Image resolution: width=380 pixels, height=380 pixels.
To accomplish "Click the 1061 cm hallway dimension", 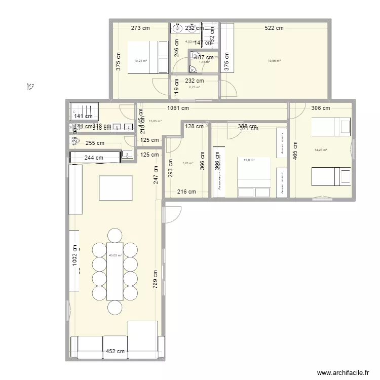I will click(x=178, y=108).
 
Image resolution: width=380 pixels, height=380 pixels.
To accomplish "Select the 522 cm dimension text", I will click(x=274, y=28).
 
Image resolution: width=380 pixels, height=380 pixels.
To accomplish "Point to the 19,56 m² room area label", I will click(x=274, y=61).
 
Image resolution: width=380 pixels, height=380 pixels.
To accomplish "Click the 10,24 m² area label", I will click(x=140, y=61).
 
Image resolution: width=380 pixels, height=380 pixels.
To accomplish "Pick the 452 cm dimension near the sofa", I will click(x=115, y=351).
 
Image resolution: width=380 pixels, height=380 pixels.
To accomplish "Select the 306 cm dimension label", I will click(x=320, y=108).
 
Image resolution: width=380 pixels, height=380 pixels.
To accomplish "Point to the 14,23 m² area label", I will click(x=321, y=150).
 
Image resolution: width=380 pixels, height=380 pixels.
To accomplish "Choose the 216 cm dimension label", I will click(x=186, y=192).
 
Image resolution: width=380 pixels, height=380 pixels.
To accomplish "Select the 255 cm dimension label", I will click(x=94, y=143).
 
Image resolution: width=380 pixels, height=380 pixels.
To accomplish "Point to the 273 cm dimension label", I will click(x=141, y=28).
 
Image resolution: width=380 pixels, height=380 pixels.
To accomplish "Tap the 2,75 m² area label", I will click(x=195, y=87).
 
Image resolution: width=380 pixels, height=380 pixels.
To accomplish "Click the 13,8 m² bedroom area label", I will click(x=249, y=161).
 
